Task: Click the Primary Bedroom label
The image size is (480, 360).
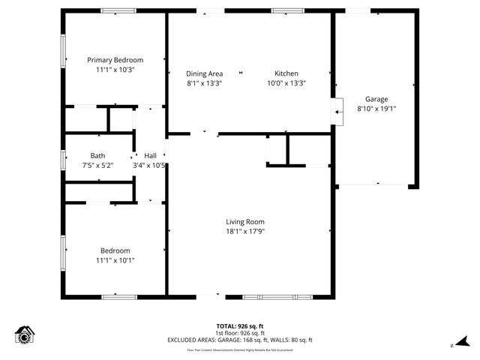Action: [x=115, y=60]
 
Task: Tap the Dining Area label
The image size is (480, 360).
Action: [x=205, y=73]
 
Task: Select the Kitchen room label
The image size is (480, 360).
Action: [x=286, y=73]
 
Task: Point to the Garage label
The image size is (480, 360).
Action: [x=376, y=99]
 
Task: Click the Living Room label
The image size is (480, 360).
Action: [x=245, y=221]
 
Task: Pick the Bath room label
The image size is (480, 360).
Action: [x=97, y=156]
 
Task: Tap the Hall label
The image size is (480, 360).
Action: [x=151, y=156]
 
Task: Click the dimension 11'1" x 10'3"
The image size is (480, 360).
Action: [x=115, y=70]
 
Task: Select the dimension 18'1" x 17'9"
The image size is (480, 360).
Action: [x=245, y=231]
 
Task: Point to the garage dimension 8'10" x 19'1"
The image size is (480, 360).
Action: [x=376, y=109]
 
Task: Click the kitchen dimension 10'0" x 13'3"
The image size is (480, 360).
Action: [x=286, y=83]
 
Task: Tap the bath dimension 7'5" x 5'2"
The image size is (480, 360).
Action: [x=97, y=166]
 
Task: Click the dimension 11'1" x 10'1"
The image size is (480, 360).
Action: [x=115, y=260]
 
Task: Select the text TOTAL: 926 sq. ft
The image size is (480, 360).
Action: [x=240, y=326]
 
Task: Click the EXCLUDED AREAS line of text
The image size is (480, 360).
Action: [x=240, y=340]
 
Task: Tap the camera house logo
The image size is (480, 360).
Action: [x=25, y=335]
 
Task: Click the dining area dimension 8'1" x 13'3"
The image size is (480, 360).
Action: [x=205, y=83]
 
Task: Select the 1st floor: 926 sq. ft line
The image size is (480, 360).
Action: [x=240, y=333]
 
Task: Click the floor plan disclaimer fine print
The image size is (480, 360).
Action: [x=240, y=349]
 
